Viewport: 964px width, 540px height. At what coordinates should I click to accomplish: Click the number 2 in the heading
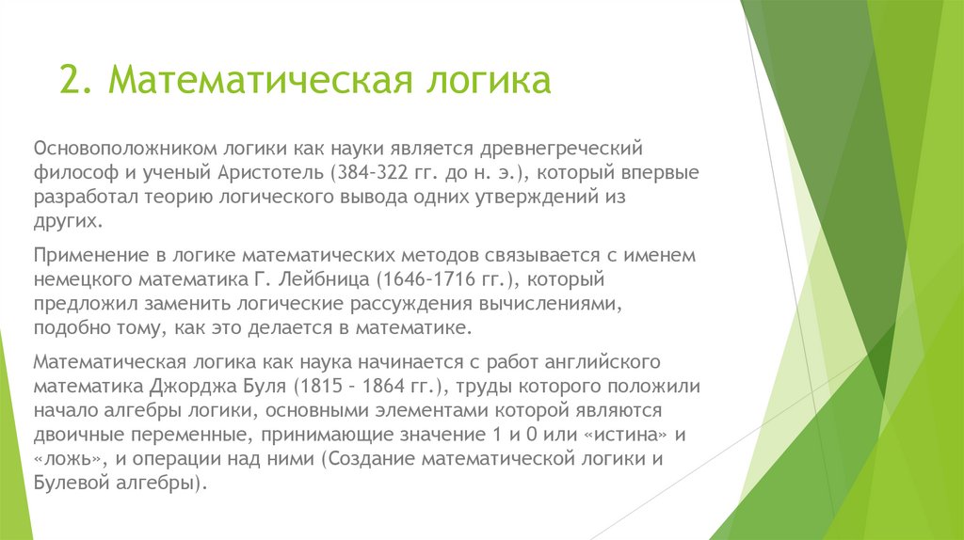point(69,80)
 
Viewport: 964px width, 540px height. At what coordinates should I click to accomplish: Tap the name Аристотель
point(273,174)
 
